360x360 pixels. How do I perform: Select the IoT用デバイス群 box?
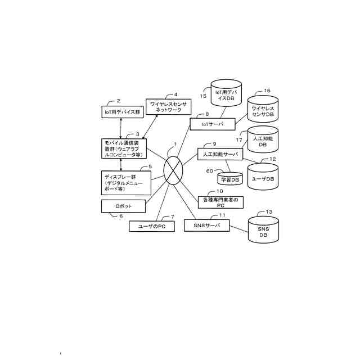pos(122,111)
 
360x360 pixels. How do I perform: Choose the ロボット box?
pos(123,206)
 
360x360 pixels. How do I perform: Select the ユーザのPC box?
pos(148,226)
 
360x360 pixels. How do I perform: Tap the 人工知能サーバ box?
pos(219,154)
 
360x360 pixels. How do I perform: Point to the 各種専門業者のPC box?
pos(220,203)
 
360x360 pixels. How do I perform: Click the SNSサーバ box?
pos(207,226)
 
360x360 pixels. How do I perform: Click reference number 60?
pos(209,170)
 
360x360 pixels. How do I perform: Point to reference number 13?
pos(268,212)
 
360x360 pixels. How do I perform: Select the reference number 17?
pos(239,139)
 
